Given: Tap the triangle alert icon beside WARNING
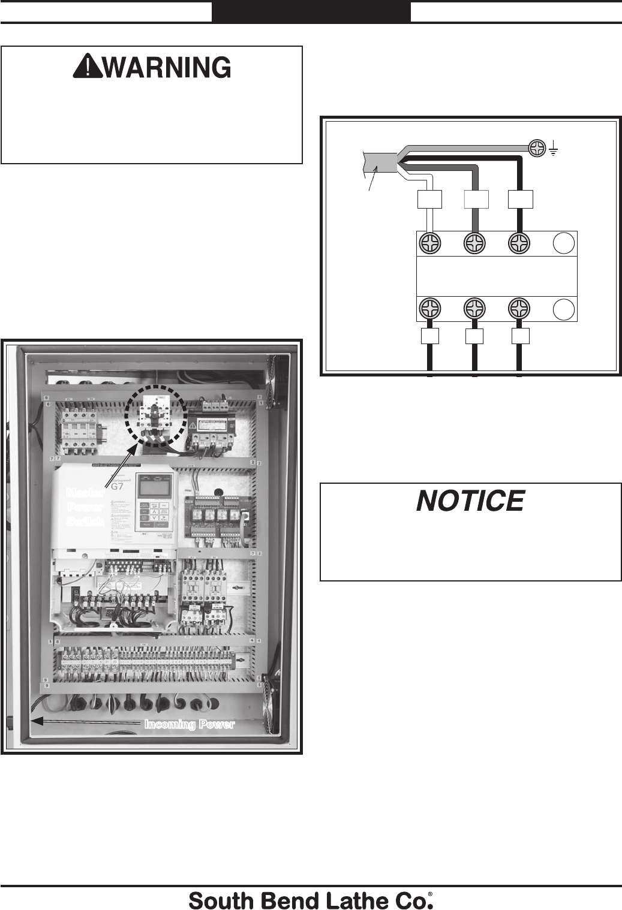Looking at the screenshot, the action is pyautogui.click(x=88, y=68).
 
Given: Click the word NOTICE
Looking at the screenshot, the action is pyautogui.click(x=470, y=501).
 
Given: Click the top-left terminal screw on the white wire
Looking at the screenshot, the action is pyautogui.click(x=429, y=243).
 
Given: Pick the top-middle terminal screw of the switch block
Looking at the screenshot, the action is pyautogui.click(x=475, y=243).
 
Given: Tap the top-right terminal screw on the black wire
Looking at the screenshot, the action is pyautogui.click(x=519, y=243).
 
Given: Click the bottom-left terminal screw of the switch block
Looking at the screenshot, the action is pyautogui.click(x=429, y=309).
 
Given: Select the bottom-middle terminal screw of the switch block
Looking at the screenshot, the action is pyautogui.click(x=475, y=309).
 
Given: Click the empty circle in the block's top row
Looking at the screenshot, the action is pyautogui.click(x=563, y=243).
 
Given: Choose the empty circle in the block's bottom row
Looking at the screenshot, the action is pyautogui.click(x=563, y=309).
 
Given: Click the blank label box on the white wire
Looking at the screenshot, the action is pyautogui.click(x=429, y=199).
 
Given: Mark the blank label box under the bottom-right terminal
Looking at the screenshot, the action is pyautogui.click(x=520, y=336).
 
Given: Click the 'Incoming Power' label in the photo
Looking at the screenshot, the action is pyautogui.click(x=190, y=724).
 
